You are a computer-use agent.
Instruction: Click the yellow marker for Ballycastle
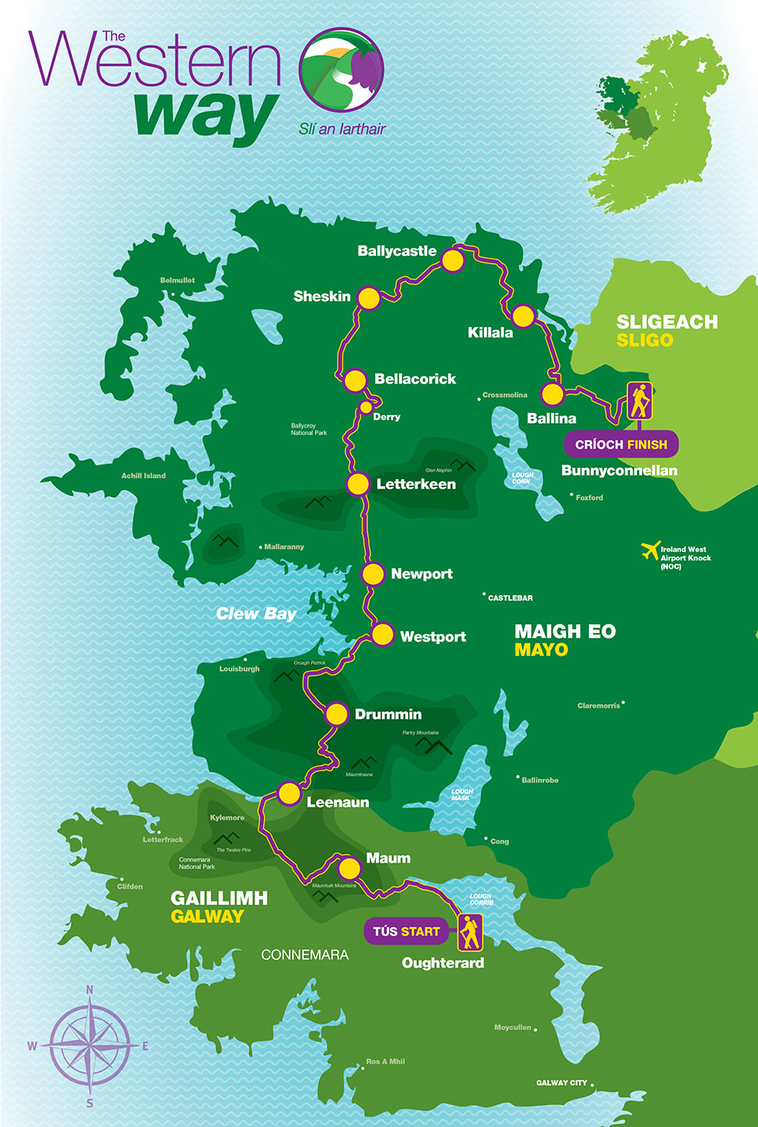[x=452, y=260]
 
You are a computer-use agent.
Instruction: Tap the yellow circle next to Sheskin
[x=369, y=298]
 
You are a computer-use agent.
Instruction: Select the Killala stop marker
[x=523, y=316]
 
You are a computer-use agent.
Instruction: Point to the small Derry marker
[x=366, y=407]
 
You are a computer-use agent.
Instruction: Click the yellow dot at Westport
[x=382, y=635]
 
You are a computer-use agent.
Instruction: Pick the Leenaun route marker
[x=290, y=793]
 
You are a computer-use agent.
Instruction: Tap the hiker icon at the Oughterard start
[x=470, y=932]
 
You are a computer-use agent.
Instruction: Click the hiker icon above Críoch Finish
[x=640, y=401]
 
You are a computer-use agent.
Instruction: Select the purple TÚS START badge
[x=406, y=931]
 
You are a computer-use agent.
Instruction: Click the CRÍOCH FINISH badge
[x=621, y=444]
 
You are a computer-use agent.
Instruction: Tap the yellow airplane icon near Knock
[x=651, y=550]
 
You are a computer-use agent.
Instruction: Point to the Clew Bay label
[x=256, y=614]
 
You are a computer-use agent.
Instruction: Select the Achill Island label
[x=144, y=476]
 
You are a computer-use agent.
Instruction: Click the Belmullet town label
[x=177, y=280]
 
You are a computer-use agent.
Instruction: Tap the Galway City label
[x=561, y=1083]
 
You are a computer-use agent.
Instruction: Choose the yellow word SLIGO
[x=644, y=340]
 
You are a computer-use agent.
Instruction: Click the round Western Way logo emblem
[x=341, y=70]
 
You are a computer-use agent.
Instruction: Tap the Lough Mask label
[x=462, y=794]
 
